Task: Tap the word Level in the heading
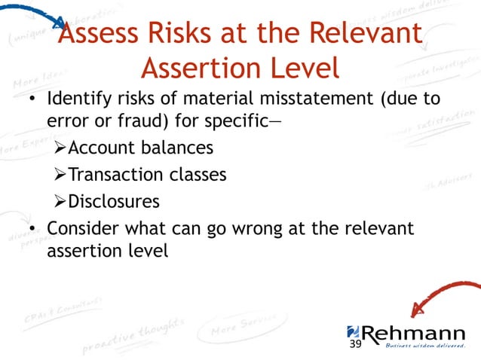(x=299, y=69)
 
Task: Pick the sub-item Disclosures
(x=114, y=201)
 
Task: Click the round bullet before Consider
(x=32, y=228)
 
